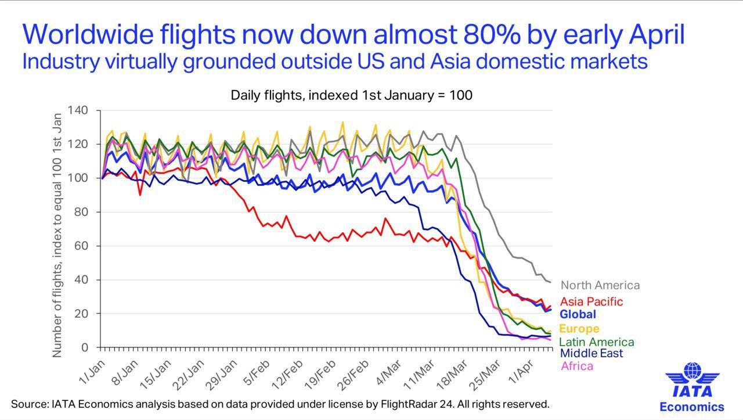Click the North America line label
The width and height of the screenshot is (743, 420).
(600, 285)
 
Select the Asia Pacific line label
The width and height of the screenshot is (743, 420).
(591, 301)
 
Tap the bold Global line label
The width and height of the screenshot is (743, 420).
(578, 314)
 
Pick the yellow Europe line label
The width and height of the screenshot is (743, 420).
(579, 329)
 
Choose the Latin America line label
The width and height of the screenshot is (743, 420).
(597, 342)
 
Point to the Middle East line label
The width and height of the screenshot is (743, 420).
(591, 353)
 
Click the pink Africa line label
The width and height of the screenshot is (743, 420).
(577, 366)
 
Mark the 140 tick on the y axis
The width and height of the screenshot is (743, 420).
(77, 110)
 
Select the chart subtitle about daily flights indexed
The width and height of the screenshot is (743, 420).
(352, 95)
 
